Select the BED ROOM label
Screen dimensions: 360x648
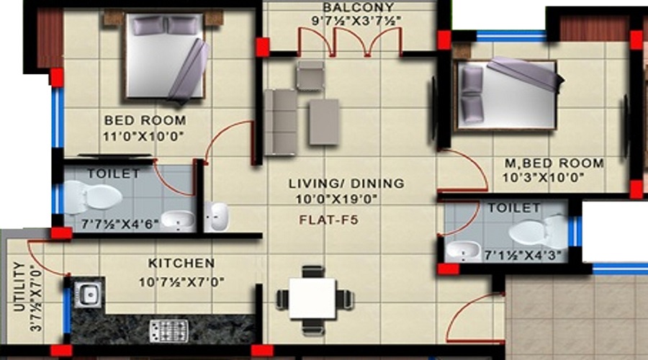(145, 120)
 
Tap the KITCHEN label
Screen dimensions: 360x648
(181, 263)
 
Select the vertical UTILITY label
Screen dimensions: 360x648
(19, 287)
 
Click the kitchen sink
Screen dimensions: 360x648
(88, 293)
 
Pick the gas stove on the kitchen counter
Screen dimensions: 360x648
(168, 330)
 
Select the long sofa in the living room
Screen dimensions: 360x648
(280, 122)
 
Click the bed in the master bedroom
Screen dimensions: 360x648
(508, 95)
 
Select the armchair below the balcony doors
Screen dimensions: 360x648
(310, 75)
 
